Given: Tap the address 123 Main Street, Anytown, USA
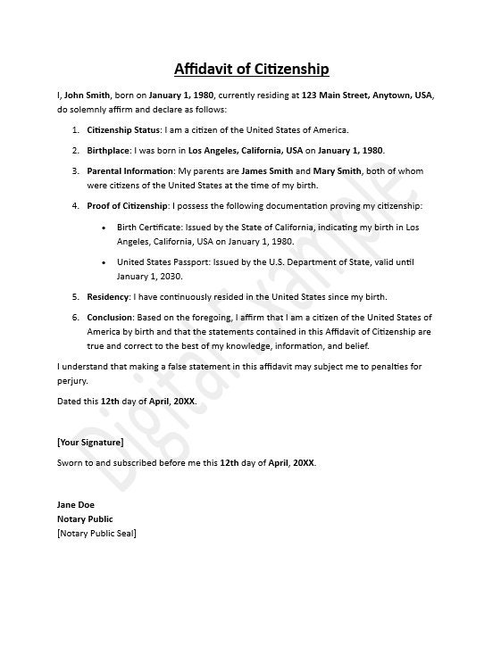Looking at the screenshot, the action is [x=368, y=95].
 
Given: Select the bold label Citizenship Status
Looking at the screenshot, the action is [x=123, y=129].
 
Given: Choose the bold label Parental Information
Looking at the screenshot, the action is [x=130, y=170].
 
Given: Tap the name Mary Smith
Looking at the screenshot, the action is [x=338, y=170].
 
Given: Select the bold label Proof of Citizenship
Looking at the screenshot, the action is [x=126, y=206].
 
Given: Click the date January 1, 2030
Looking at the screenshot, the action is [x=151, y=276].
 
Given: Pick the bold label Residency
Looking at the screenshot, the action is [x=108, y=296].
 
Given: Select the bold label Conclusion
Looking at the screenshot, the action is [x=110, y=317].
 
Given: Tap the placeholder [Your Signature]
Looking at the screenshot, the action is [x=90, y=442].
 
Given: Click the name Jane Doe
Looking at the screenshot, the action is [x=75, y=504].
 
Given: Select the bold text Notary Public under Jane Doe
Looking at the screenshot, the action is [x=85, y=518].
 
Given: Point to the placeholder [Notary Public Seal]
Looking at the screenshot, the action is [x=96, y=533].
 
